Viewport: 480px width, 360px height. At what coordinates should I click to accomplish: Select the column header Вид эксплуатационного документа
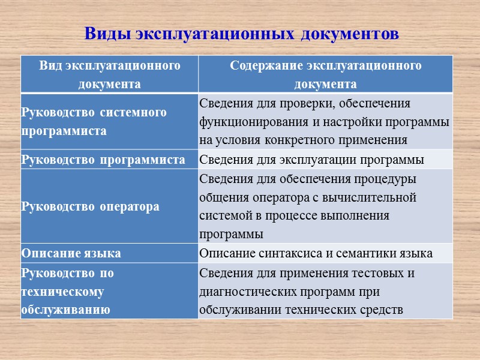110,74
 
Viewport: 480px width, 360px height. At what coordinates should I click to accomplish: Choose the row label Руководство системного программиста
94,122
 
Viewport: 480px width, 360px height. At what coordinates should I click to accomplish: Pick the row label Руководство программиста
103,160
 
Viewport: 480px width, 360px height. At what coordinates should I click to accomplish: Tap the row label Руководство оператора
90,207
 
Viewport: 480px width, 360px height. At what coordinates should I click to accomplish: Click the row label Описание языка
71,253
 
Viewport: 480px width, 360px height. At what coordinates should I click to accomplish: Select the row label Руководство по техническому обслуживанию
67,292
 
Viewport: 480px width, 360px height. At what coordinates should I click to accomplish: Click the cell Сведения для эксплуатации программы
311,160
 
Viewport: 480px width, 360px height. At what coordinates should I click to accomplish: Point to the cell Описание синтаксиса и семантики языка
316,253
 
